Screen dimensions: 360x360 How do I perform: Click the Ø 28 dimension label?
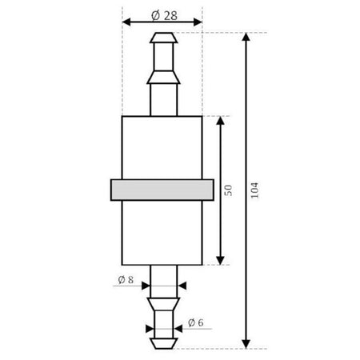tap(164, 16)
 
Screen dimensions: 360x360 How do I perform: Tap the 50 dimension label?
tap(228, 190)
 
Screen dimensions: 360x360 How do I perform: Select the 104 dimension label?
tap(254, 190)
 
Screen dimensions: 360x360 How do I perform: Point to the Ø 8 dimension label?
tap(126, 280)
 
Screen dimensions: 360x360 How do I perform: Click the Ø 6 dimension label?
tap(196, 322)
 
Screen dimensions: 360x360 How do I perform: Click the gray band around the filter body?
tap(162, 190)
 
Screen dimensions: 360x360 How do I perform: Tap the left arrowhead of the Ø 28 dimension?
tap(126, 22)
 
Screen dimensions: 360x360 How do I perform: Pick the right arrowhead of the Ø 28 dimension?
tap(198, 22)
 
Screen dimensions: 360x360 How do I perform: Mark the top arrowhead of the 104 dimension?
tap(246, 37)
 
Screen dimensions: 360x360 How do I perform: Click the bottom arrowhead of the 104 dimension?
tap(246, 344)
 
